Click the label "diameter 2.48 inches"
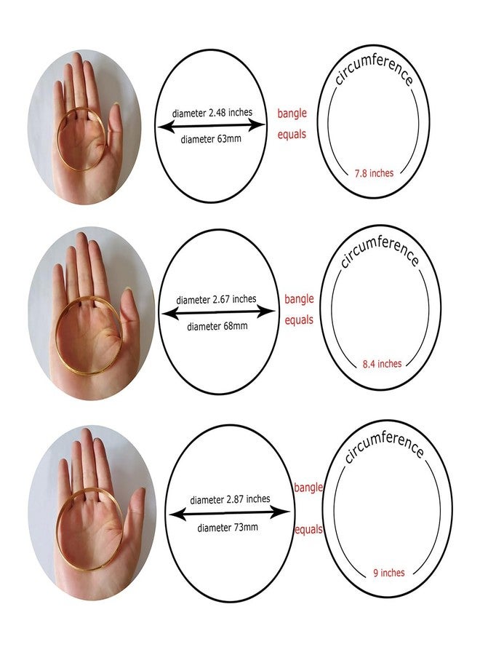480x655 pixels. (212, 113)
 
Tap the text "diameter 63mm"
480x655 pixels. (211, 139)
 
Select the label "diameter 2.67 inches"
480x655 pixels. (216, 300)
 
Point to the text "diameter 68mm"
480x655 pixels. (217, 326)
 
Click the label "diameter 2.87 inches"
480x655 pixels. (230, 499)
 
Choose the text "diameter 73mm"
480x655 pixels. (228, 528)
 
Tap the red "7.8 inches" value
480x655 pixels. (374, 173)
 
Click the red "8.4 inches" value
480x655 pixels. (382, 364)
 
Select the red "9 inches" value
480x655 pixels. (389, 572)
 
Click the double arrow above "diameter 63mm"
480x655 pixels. (212, 125)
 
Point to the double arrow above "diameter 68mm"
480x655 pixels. (218, 311)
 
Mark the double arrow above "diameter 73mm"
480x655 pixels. (229, 512)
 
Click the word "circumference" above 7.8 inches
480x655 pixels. (374, 69)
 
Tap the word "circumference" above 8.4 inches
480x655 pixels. (379, 250)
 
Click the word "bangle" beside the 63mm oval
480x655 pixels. (292, 114)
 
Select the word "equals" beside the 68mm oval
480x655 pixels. (299, 320)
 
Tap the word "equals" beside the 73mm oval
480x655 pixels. (309, 530)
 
